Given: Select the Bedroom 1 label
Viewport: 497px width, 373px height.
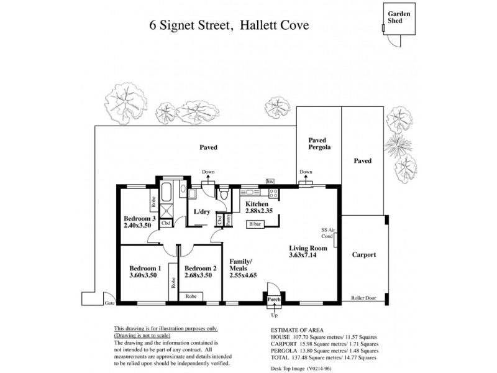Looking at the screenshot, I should [142, 268].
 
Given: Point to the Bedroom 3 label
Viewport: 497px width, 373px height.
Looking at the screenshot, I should [139, 218].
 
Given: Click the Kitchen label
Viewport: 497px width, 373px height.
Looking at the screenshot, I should [256, 204].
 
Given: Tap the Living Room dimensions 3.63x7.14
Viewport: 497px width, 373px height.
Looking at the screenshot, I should [303, 255].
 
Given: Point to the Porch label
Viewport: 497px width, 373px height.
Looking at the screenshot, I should [274, 299].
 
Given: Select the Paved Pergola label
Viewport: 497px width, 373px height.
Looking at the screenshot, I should [319, 145].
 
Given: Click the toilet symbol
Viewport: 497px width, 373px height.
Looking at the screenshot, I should [224, 195].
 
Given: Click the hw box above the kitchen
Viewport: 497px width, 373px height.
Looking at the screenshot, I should [270, 181].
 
